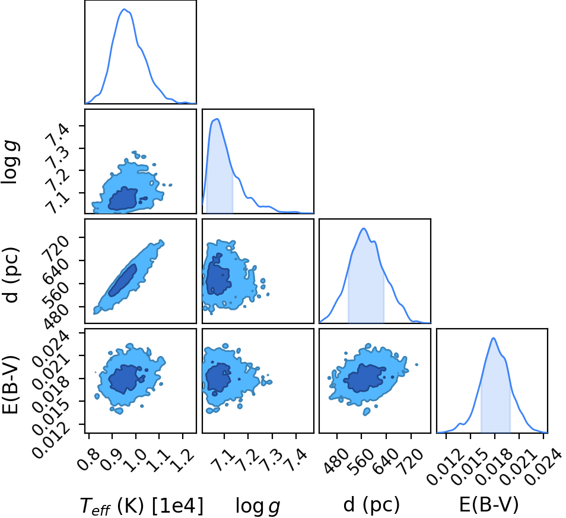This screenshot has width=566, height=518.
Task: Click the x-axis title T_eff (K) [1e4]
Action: click(141, 506)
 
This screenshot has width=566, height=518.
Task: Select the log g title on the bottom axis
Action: click(257, 506)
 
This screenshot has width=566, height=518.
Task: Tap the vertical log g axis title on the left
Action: click(11, 163)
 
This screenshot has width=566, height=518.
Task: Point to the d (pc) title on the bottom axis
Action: click(371, 504)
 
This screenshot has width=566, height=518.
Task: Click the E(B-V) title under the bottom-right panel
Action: click(489, 504)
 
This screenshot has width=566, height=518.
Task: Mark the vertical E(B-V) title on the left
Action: click(11, 384)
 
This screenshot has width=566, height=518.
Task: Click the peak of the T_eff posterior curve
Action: click(124, 9)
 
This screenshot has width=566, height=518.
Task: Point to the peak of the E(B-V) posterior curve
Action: click(493, 338)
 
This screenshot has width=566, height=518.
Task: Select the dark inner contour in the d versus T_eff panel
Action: click(123, 280)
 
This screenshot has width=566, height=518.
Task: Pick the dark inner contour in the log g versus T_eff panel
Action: click(123, 199)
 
